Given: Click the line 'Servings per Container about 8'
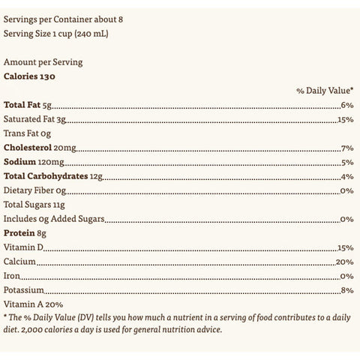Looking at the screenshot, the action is point(58,19).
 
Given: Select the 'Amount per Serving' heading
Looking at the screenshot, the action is point(43,62).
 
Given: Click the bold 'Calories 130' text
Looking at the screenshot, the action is point(31,76).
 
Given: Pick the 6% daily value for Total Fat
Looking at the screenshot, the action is point(346,106).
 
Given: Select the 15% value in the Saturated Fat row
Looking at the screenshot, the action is point(345,120).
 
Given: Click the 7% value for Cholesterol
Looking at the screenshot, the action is point(346,148).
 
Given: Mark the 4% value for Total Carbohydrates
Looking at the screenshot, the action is point(346,176).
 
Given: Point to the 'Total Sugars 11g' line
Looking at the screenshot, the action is point(35,205).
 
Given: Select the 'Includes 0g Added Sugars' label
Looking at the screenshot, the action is point(53,219).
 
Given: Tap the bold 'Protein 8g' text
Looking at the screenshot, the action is point(25,233).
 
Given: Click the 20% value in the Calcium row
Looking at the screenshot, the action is point(344,262).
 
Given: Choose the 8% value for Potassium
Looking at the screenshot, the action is point(346,290).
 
